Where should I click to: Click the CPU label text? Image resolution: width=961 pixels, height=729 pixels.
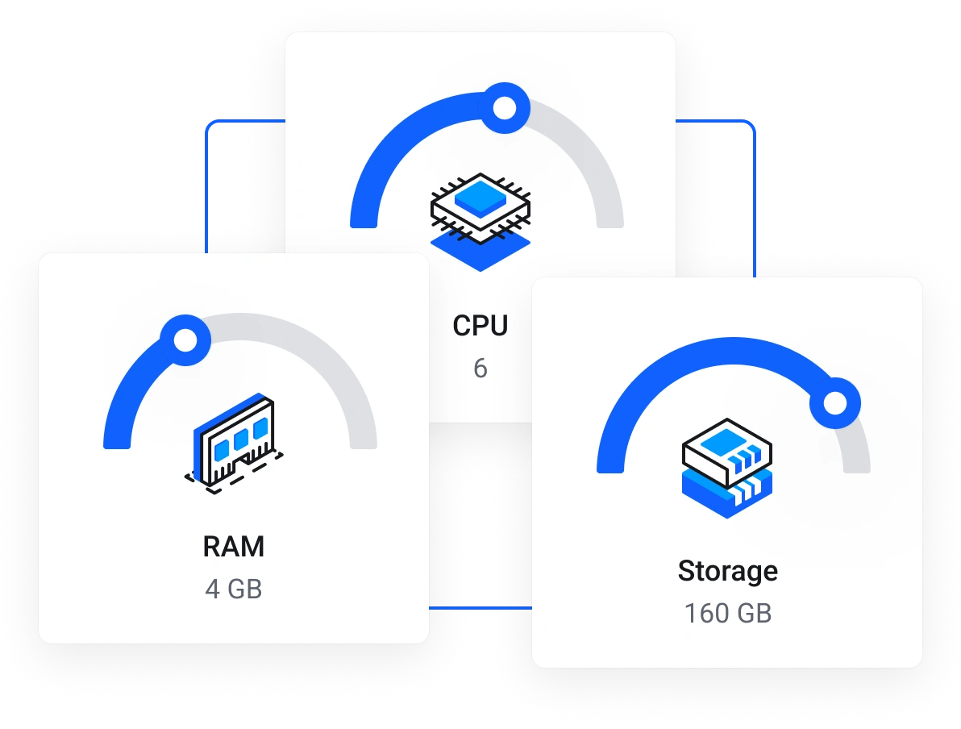point(480,326)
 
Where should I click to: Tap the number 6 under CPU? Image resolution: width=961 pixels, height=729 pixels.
point(480,369)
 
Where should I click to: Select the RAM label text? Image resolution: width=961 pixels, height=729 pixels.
point(234,547)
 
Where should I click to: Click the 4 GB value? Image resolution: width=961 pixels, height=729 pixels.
point(234,589)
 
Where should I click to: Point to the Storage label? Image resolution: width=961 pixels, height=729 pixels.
point(728,571)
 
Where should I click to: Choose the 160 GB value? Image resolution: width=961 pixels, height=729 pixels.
point(728,614)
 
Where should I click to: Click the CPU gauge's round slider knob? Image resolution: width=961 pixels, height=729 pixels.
point(505,108)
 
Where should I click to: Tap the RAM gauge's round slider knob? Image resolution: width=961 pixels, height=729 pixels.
point(185,340)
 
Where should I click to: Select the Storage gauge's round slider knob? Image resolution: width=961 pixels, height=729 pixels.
point(835,402)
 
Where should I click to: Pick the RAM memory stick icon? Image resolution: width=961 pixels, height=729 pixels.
point(234,439)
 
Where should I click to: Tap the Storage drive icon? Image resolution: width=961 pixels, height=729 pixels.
point(728,468)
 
